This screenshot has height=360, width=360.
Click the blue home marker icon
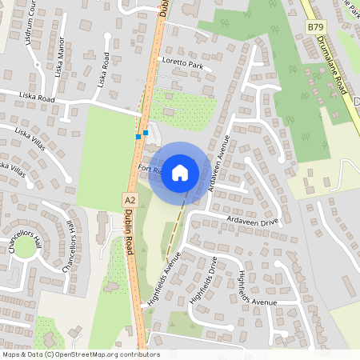[x=180, y=172]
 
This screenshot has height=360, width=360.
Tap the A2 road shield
[x=130, y=198]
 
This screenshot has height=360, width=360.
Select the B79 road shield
[x=315, y=27]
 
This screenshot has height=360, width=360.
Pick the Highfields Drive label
[x=203, y=280]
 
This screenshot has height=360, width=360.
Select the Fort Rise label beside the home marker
[x=150, y=169]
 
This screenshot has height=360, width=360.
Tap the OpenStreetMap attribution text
[x=80, y=354]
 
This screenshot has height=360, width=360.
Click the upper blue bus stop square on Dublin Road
[x=145, y=133]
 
